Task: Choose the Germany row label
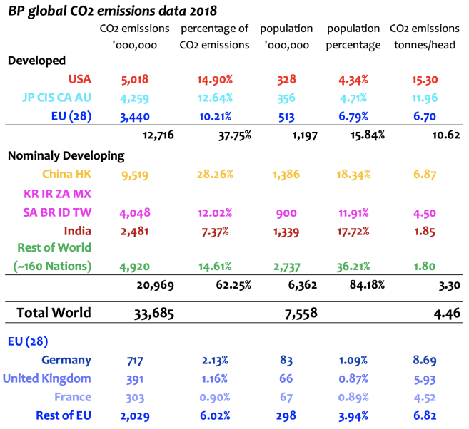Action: coord(66,361)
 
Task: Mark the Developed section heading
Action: coord(36,61)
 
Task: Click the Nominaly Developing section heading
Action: coord(66,155)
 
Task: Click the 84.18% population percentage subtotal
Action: coord(368,285)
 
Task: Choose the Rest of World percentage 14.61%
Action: coord(213,267)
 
